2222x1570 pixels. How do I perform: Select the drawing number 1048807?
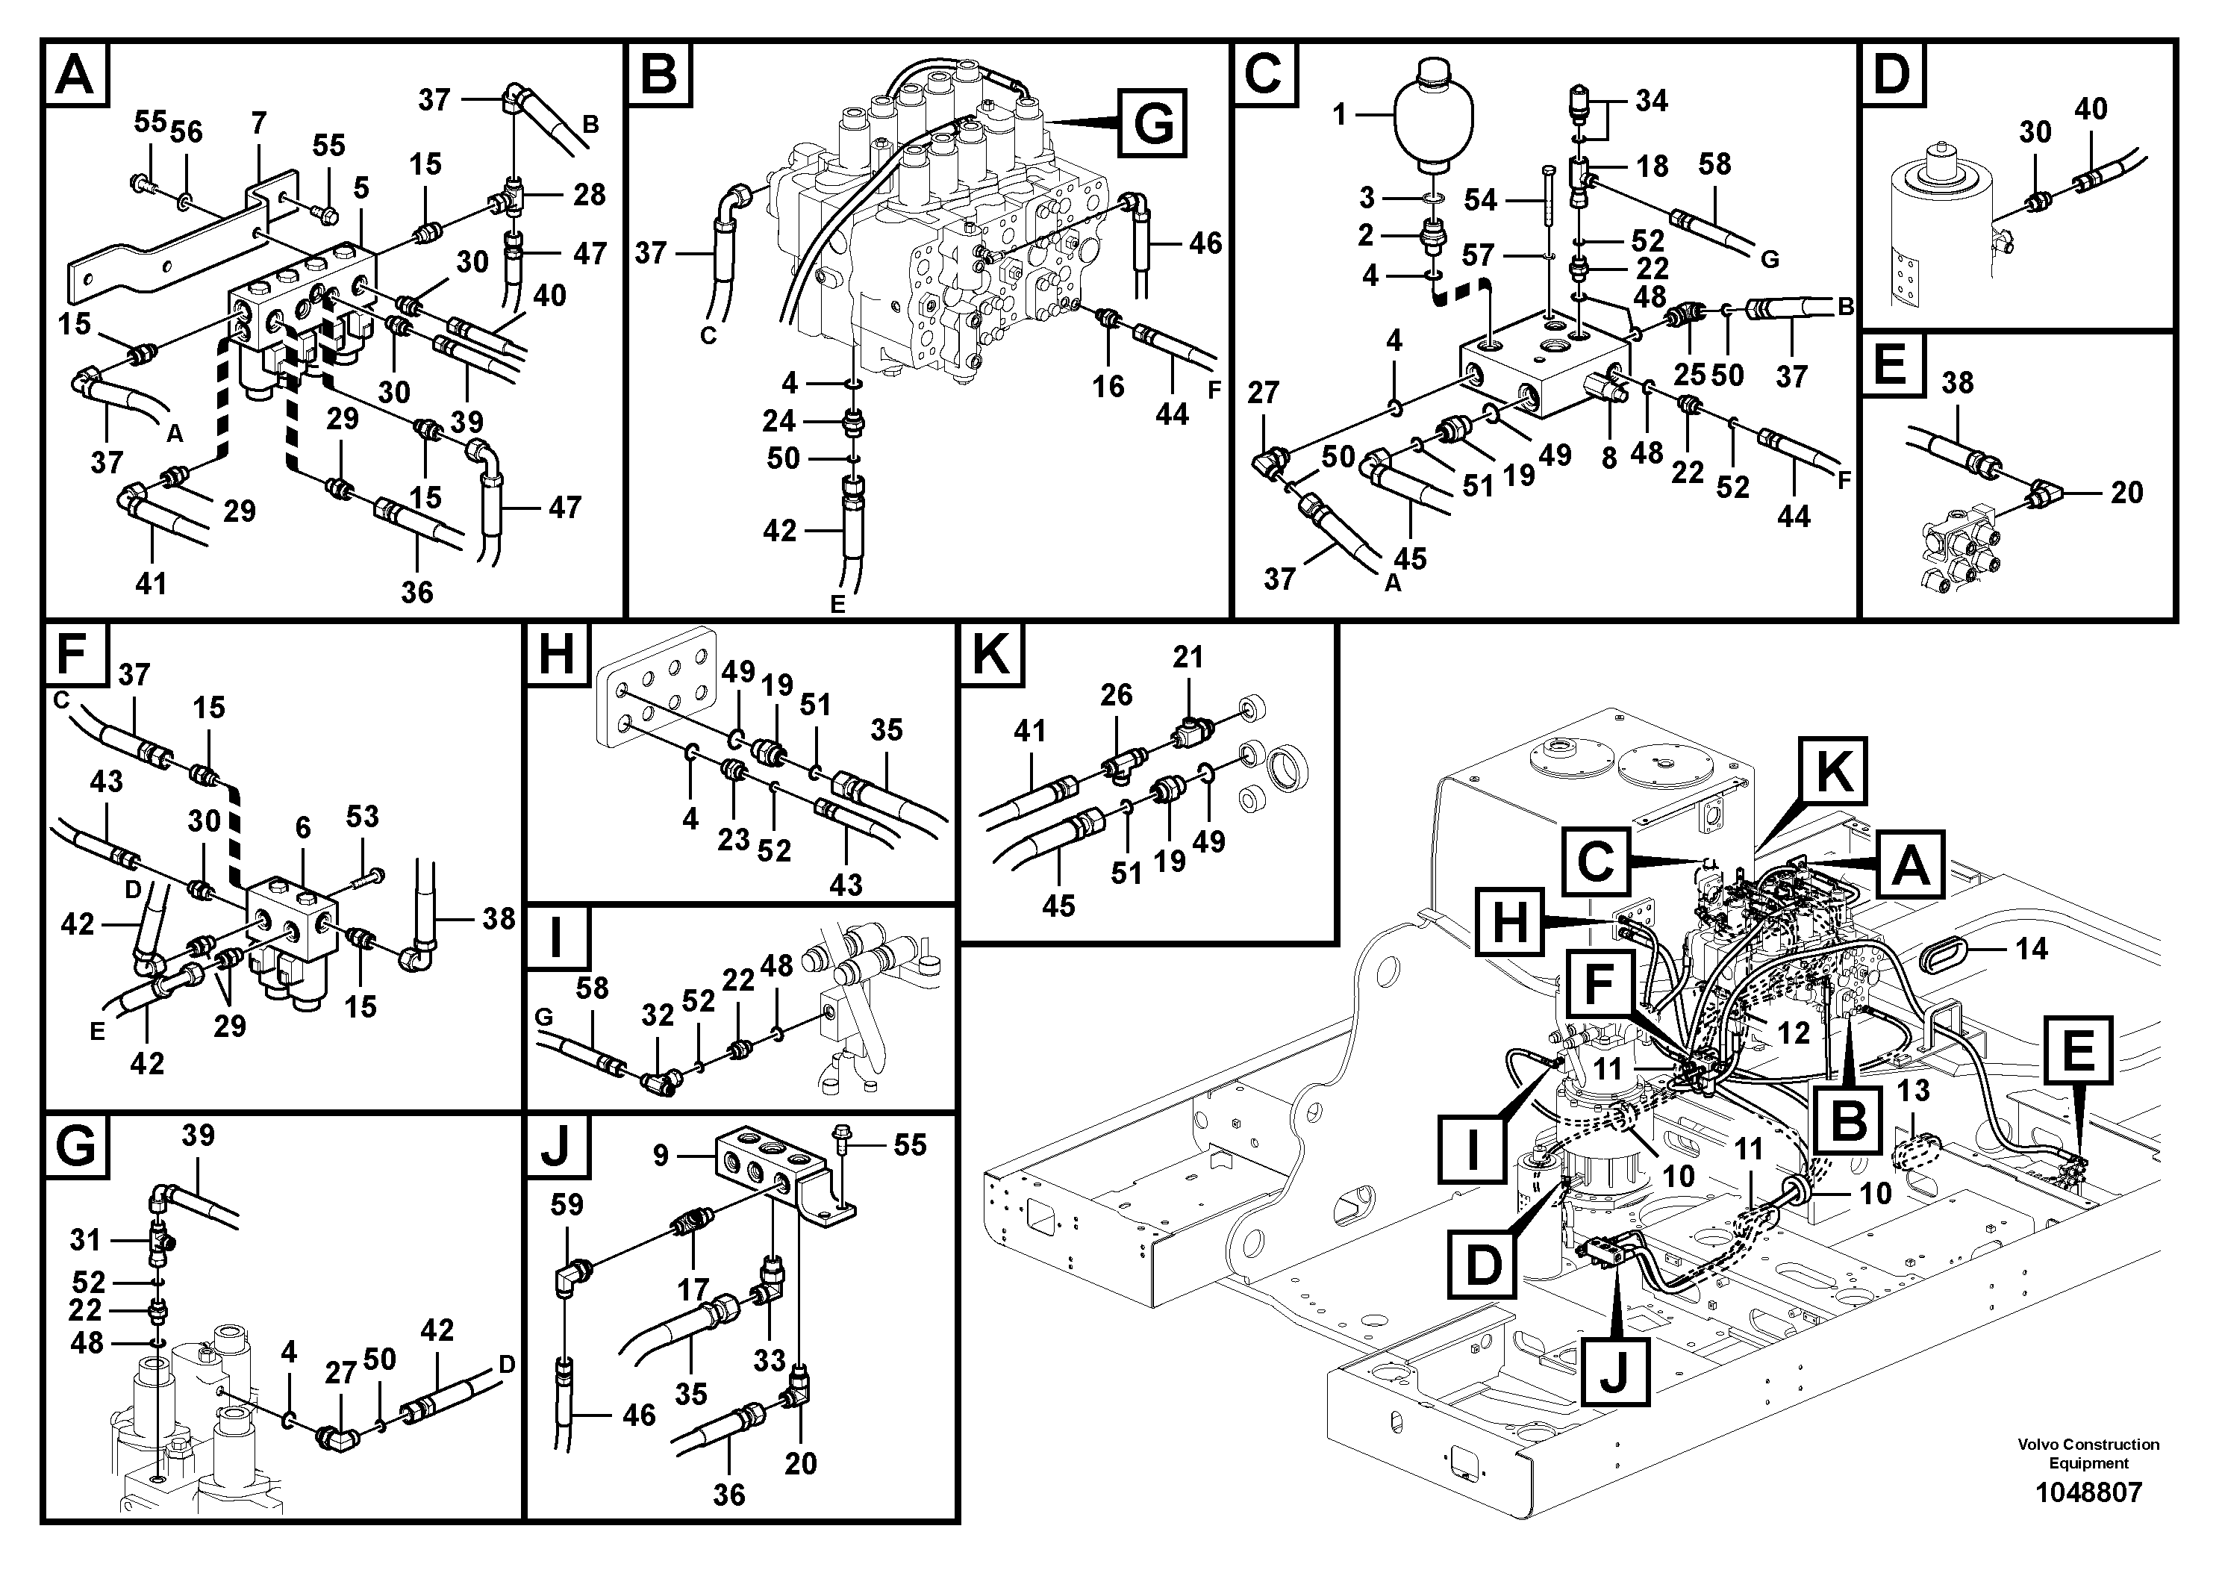click(2088, 1492)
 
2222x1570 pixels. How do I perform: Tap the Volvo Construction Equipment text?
click(2088, 1452)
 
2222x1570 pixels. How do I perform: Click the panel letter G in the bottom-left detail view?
click(75, 1147)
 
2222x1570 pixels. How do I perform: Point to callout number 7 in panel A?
click(258, 124)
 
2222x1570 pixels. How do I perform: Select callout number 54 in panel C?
click(1480, 200)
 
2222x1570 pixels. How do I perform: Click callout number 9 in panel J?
click(661, 1156)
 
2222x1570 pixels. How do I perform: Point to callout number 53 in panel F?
click(362, 816)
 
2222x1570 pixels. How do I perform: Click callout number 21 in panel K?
click(1188, 657)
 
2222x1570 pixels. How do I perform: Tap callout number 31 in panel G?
click(85, 1239)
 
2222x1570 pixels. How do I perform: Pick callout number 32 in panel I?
click(657, 1015)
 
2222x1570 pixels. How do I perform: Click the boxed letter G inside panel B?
click(1152, 123)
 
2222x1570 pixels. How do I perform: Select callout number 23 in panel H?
click(733, 838)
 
